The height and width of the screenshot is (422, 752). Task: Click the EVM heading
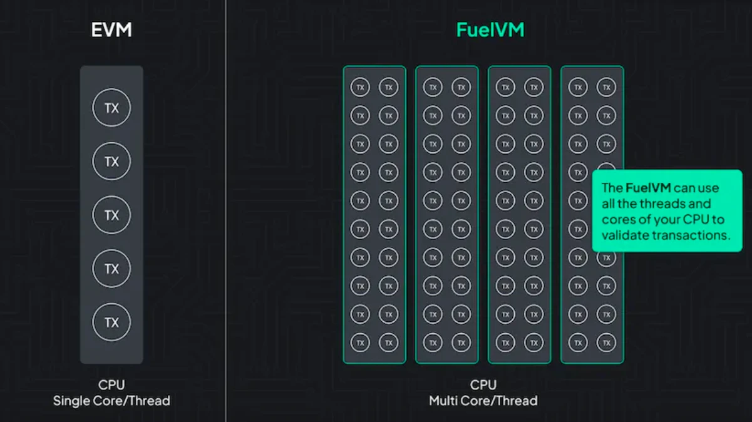(x=111, y=30)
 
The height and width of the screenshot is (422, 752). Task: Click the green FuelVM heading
(x=489, y=30)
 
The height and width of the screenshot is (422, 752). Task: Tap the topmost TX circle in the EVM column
(x=111, y=108)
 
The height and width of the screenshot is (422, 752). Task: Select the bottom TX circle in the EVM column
(x=111, y=322)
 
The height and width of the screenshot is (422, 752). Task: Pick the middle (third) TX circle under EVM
(x=111, y=215)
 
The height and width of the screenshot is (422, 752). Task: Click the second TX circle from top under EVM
(x=111, y=162)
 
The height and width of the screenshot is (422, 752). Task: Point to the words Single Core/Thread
(x=111, y=400)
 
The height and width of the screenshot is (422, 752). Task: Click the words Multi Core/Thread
(x=483, y=400)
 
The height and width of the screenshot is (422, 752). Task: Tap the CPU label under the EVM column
(x=111, y=384)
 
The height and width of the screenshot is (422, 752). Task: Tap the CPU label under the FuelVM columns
(x=483, y=384)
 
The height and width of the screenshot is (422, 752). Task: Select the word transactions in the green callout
(x=696, y=235)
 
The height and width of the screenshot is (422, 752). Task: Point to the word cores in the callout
(x=617, y=220)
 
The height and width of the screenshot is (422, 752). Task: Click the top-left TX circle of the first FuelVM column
(x=360, y=87)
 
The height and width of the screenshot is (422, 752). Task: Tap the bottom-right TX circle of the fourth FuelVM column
(x=606, y=342)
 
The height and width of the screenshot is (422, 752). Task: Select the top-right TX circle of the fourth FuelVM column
(x=606, y=87)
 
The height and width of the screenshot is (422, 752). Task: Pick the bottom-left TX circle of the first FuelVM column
(x=360, y=342)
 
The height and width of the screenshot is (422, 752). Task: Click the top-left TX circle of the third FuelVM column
(x=505, y=87)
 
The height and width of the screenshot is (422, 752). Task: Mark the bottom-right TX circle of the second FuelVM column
(x=461, y=342)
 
